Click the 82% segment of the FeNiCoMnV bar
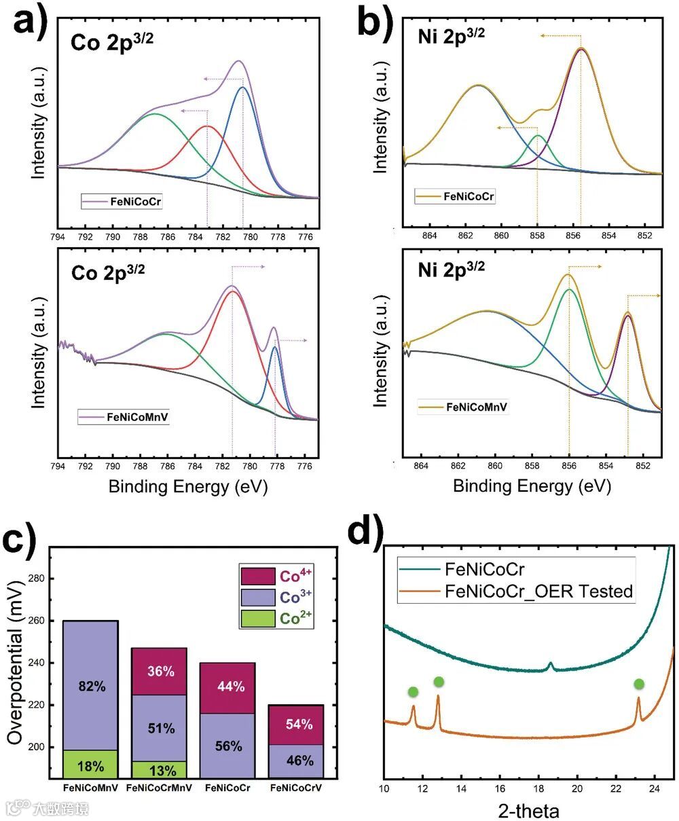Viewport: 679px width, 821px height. tap(90, 686)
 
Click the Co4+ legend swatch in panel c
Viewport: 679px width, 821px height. tap(258, 576)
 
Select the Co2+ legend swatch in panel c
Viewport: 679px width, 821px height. tap(258, 619)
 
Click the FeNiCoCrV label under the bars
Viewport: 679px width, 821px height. tap(295, 788)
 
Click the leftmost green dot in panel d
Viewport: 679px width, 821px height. tap(413, 692)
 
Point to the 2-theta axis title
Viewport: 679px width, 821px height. tap(528, 810)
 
